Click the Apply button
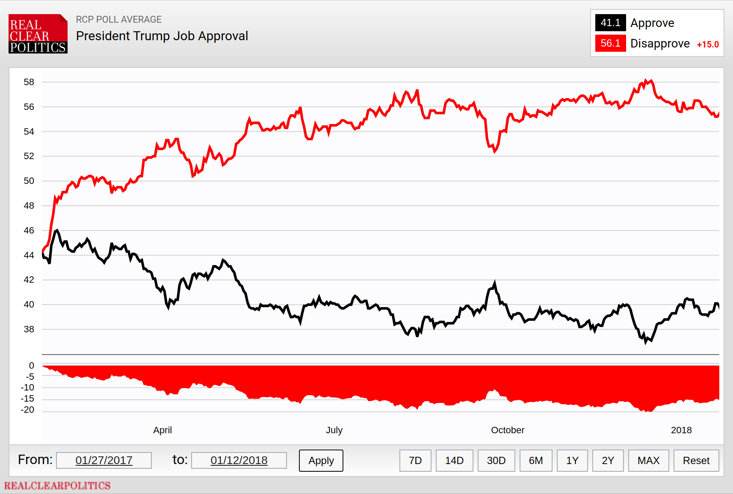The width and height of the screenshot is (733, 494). tap(321, 460)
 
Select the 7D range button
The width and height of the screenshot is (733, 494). tap(415, 460)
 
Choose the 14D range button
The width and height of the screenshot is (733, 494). tap(454, 460)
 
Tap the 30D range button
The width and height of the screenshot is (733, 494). tap(496, 460)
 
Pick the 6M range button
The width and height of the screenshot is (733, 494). tap(536, 460)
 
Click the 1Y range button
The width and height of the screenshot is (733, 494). tap(572, 460)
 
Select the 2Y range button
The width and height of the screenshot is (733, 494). tap(608, 460)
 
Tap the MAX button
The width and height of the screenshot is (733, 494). tap(649, 460)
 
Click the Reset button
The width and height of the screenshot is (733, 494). tap(696, 460)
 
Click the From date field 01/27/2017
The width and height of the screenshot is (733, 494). tap(104, 460)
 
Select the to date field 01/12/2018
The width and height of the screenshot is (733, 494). tap(239, 460)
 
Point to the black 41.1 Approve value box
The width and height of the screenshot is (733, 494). tap(610, 23)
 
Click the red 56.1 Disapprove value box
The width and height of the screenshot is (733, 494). tap(610, 43)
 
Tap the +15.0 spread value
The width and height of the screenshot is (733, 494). tap(708, 44)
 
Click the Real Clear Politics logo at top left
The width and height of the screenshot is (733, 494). tap(38, 34)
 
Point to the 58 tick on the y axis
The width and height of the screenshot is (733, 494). tap(29, 82)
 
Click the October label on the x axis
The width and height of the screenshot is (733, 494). tap(508, 430)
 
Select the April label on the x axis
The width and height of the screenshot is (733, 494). tap(163, 430)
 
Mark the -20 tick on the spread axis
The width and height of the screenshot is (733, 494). tap(27, 410)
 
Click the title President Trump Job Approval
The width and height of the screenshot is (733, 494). tap(162, 35)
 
